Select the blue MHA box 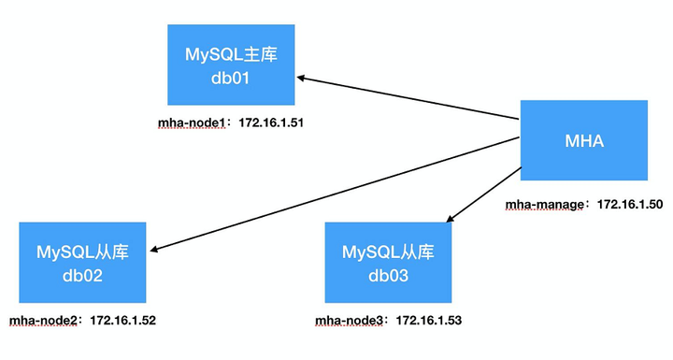(584, 141)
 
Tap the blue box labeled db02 (83, 265)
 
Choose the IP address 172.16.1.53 (429, 321)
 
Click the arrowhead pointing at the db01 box (304, 79)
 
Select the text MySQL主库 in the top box (233, 52)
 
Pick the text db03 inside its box (389, 276)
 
